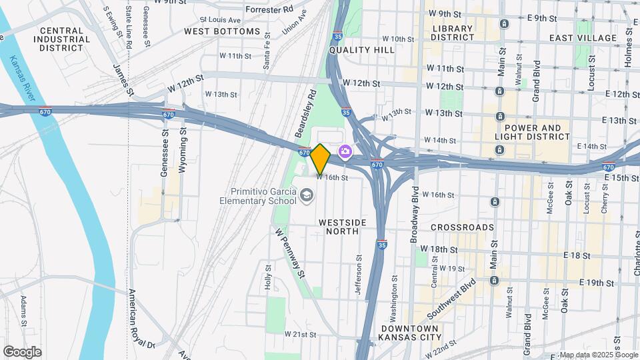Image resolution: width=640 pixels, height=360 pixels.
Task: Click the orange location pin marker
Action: [320, 159]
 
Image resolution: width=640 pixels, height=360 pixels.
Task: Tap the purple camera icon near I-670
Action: [345, 152]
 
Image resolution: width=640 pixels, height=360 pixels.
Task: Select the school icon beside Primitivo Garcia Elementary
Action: [306, 195]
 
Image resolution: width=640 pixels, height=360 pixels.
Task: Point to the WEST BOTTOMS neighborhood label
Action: [222, 31]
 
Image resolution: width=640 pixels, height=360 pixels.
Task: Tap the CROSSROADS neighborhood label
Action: [462, 227]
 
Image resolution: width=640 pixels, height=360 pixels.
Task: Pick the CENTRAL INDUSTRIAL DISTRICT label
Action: [65, 39]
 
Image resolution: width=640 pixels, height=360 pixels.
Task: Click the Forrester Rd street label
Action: [269, 10]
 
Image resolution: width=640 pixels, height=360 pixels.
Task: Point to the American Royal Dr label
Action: [141, 319]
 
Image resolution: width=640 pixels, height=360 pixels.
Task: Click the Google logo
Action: [22, 352]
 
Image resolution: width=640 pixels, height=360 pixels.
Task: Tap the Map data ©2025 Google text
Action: [598, 355]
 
